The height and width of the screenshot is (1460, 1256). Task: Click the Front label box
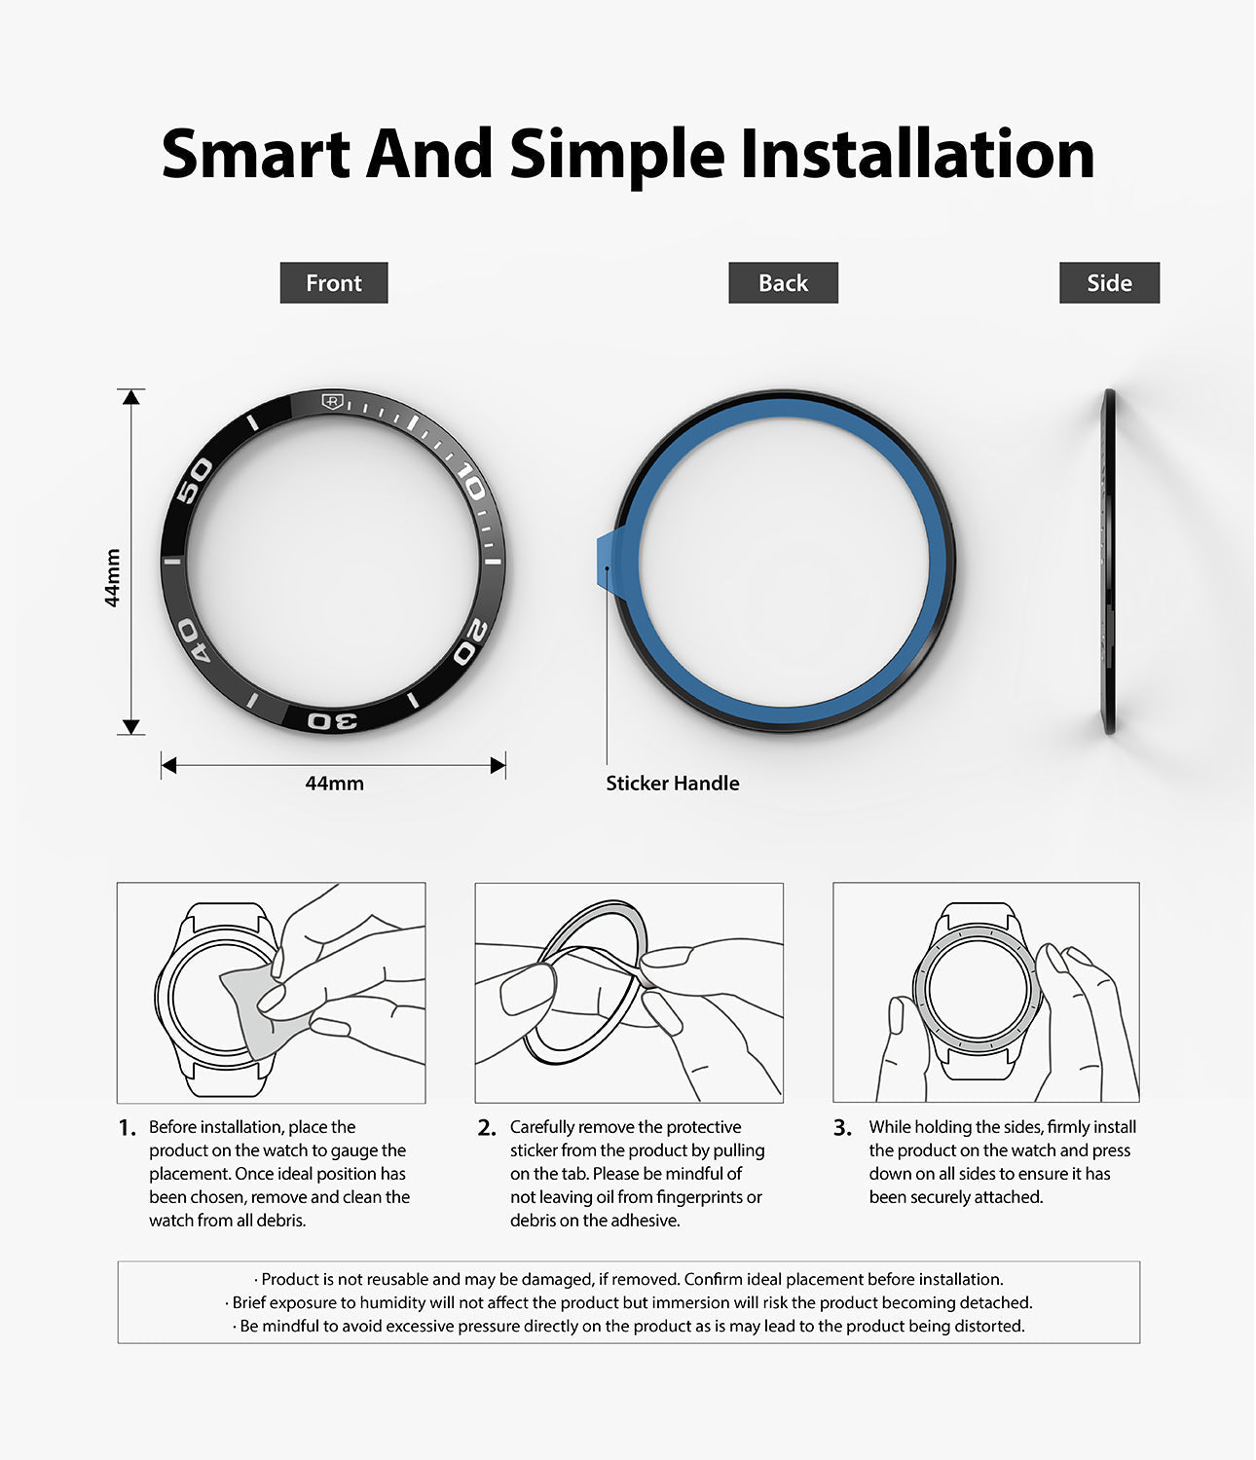click(333, 282)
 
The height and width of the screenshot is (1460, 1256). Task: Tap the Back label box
click(783, 282)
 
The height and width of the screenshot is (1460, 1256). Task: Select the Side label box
click(1109, 282)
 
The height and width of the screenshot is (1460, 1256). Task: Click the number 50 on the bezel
click(194, 480)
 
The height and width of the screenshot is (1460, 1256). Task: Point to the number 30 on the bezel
click(333, 721)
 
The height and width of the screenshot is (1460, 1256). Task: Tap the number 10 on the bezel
click(470, 481)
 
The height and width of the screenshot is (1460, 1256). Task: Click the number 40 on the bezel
click(194, 640)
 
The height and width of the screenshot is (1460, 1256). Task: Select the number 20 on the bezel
click(470, 641)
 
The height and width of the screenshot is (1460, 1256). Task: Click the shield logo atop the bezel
click(332, 401)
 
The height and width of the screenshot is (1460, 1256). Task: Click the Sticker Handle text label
click(673, 784)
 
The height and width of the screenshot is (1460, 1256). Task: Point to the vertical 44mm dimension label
click(112, 578)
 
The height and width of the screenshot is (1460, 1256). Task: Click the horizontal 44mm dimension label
click(334, 784)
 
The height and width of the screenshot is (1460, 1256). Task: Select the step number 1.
click(128, 1128)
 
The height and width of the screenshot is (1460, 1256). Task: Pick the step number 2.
click(487, 1128)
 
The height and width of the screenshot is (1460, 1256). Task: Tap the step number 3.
click(842, 1128)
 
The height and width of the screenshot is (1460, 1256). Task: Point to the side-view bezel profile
click(1109, 562)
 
